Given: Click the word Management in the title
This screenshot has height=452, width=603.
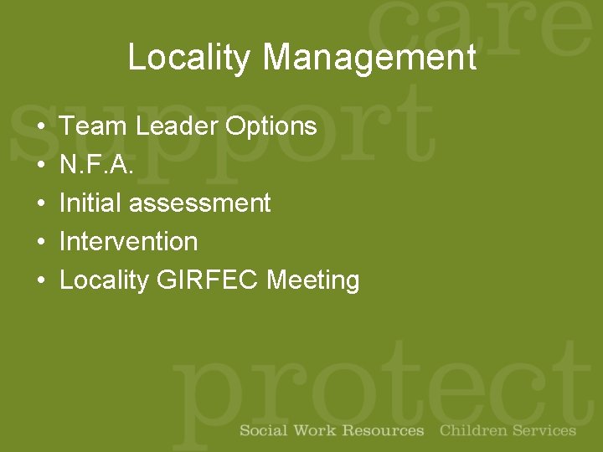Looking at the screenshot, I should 368,58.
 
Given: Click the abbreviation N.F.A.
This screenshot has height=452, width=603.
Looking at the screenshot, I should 96,165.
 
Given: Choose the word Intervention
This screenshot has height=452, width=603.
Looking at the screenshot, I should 129,242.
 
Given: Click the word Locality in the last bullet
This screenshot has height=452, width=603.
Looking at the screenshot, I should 104,280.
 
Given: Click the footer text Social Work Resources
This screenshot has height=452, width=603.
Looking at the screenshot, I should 332,431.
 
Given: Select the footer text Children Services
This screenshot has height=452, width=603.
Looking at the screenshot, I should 508,431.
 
